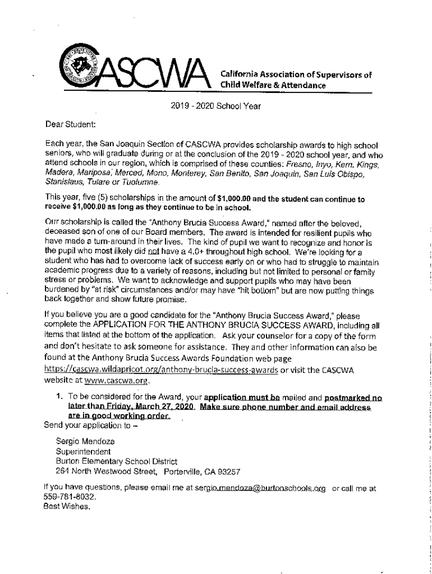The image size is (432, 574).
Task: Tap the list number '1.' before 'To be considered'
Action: [x=59, y=396]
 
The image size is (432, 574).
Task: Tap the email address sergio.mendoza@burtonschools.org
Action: [x=260, y=488]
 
